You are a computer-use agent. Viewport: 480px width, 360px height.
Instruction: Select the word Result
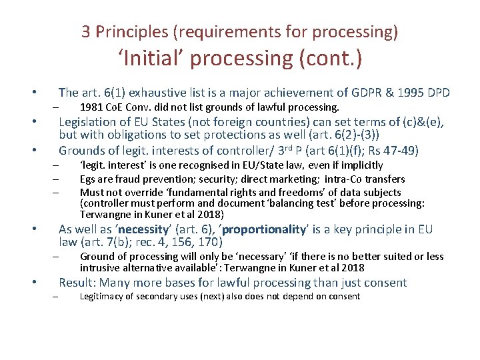click(x=75, y=283)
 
